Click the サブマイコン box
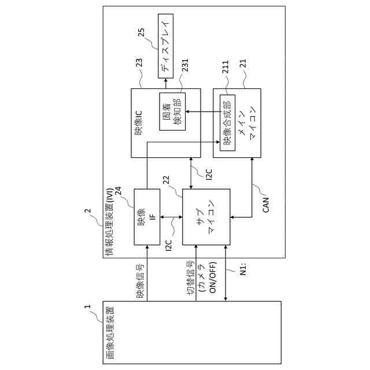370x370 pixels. point(206,216)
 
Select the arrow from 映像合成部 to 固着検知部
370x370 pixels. point(199,112)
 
